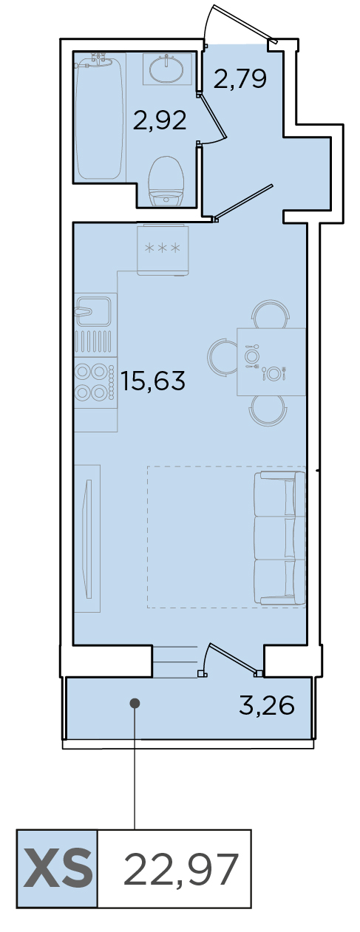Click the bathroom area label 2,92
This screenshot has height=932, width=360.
point(160,120)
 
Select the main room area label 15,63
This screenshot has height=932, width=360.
point(153,381)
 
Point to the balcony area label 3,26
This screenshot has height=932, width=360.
point(267,705)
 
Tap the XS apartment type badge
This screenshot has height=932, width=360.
point(57,871)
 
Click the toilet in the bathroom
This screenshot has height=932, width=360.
point(166,181)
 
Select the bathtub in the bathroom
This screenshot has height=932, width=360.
point(99,118)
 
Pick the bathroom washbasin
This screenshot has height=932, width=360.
point(166,69)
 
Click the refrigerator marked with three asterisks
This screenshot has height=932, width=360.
point(163,249)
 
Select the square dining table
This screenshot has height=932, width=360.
point(271,361)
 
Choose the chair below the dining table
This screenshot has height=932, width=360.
point(268,410)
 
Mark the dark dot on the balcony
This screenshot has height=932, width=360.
point(135,703)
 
